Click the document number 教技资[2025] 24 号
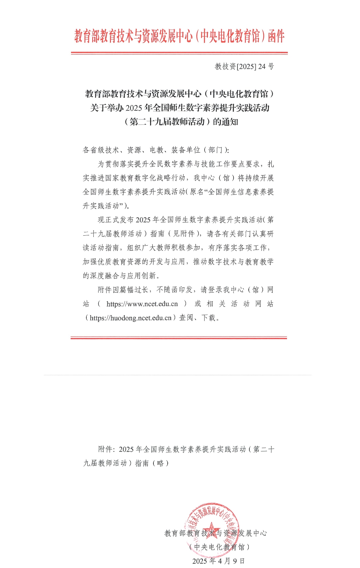click(244, 66)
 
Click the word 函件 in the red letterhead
click(276, 36)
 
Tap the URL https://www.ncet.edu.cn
click(142, 304)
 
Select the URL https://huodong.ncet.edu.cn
click(131, 318)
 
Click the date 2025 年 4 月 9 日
click(219, 561)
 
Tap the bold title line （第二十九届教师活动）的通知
click(181, 122)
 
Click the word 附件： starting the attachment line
click(106, 449)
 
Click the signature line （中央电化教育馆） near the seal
click(219, 547)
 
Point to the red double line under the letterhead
click(179, 53)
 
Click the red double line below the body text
click(179, 338)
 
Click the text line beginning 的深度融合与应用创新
click(121, 276)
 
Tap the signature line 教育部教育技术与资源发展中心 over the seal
click(216, 533)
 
